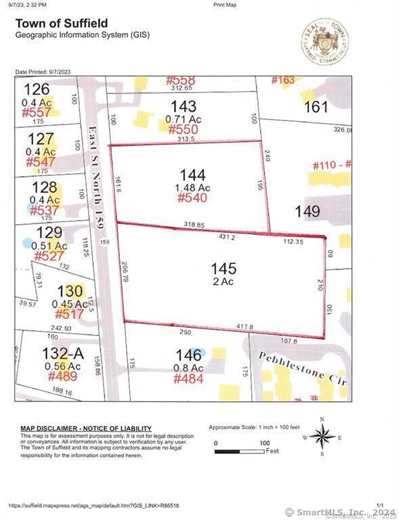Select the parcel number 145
click(223, 267)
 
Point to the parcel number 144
click(192, 175)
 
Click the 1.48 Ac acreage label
click(192, 187)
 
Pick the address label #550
click(183, 129)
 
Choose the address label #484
click(188, 378)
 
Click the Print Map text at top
click(225, 4)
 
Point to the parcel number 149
click(307, 211)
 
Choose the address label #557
click(37, 112)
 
